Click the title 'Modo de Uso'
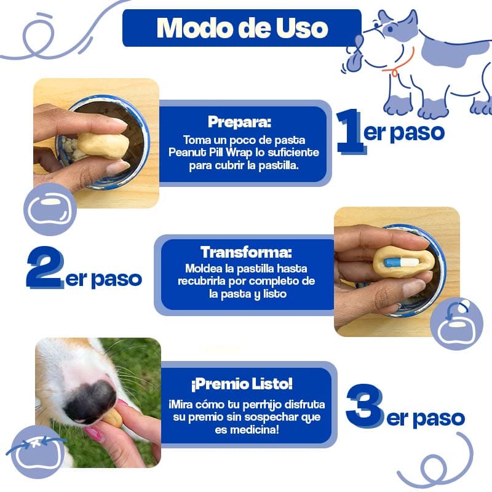click(x=242, y=28)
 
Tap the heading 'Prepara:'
click(x=239, y=122)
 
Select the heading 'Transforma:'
click(x=247, y=252)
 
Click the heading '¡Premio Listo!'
click(x=242, y=383)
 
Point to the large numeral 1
click(x=351, y=132)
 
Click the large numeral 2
click(x=45, y=267)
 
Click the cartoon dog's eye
click(x=390, y=29)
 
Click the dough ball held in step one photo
click(x=103, y=145)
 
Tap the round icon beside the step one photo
click(x=50, y=209)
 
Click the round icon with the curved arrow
click(x=456, y=323)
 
